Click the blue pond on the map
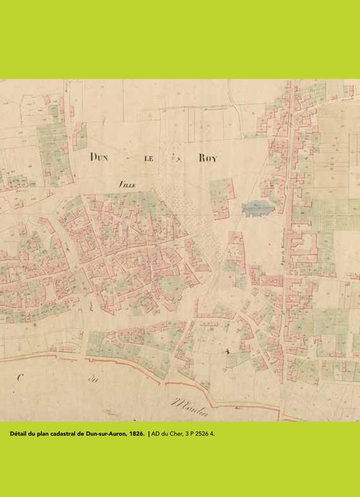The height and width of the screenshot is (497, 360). tap(257, 209)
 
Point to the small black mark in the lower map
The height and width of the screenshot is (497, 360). tap(228, 352)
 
